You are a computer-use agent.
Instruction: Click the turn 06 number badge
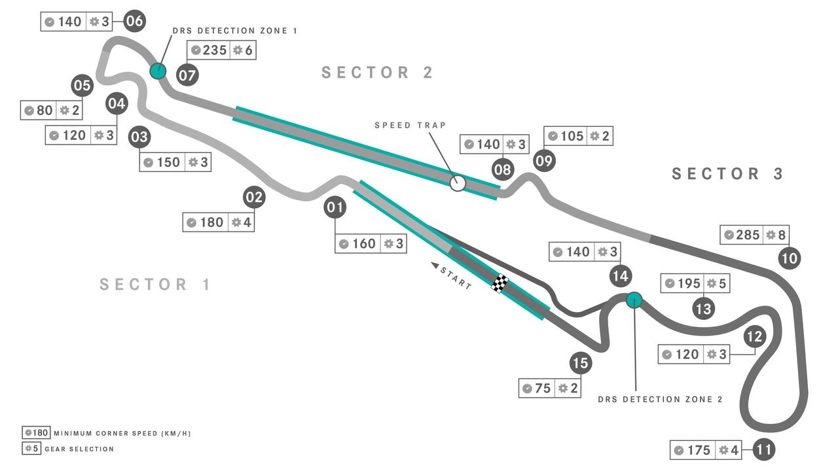(x=135, y=21)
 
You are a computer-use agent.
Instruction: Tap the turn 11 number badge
(x=763, y=449)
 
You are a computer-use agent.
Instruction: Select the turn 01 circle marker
(x=335, y=207)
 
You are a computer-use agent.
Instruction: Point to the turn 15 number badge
(x=581, y=362)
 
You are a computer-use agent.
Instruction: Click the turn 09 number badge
(x=544, y=161)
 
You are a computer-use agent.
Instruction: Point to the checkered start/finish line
(x=500, y=283)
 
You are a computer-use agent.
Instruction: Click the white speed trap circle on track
(x=458, y=183)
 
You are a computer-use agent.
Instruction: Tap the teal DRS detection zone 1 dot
(x=158, y=71)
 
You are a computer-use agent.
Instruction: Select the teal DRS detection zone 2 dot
(x=634, y=300)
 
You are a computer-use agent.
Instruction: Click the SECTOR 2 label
(x=377, y=73)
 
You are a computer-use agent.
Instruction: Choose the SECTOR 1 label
(x=155, y=285)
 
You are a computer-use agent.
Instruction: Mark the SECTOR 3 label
(x=727, y=174)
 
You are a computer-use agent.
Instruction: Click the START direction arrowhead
(x=435, y=265)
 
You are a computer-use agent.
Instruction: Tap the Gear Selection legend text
(x=79, y=449)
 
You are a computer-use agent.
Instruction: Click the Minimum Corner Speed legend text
(x=122, y=434)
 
